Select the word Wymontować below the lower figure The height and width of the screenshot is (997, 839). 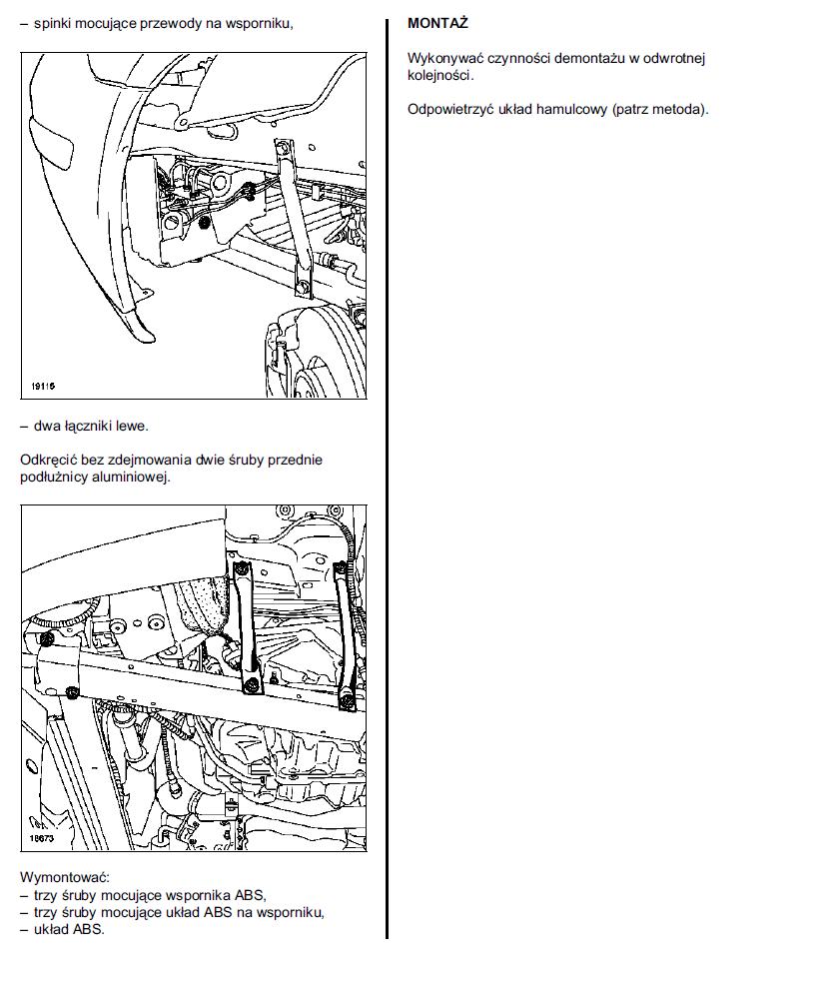click(56, 877)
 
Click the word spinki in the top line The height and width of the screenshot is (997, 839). click(52, 22)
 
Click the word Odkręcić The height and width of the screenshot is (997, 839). click(48, 460)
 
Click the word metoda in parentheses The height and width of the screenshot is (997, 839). click(680, 109)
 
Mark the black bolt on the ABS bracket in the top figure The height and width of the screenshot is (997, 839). click(204, 223)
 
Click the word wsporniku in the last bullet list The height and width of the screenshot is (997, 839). click(294, 911)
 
